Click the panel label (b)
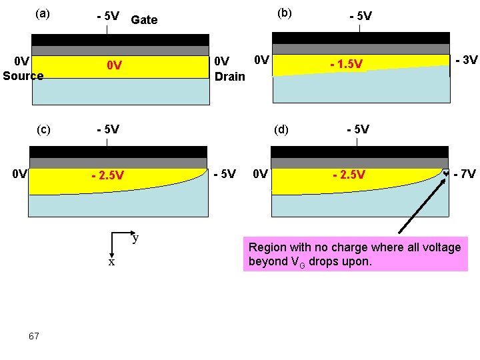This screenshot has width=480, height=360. pos(285,13)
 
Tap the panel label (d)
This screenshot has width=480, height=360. pos(282,129)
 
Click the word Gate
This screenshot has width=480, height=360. pos(144,20)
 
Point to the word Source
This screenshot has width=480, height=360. pos(23,75)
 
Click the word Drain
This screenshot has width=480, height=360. pos(230,76)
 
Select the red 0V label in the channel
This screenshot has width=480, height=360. pos(115,66)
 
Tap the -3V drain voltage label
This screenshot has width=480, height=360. pos(466,60)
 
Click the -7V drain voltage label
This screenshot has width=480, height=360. pos(464,175)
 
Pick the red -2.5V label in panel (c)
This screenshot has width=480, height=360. pos(107,176)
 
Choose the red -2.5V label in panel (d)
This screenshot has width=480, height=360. pos(349,175)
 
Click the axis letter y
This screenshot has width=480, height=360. pos(135,237)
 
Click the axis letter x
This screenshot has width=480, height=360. pos(111,262)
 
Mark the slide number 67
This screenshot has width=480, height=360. pos(34,335)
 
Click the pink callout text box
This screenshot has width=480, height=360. pos(355,254)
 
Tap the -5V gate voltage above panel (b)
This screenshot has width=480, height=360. pos(361,16)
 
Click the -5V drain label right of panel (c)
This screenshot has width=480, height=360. pos(224,175)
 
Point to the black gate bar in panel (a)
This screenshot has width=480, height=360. pos(120,39)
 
